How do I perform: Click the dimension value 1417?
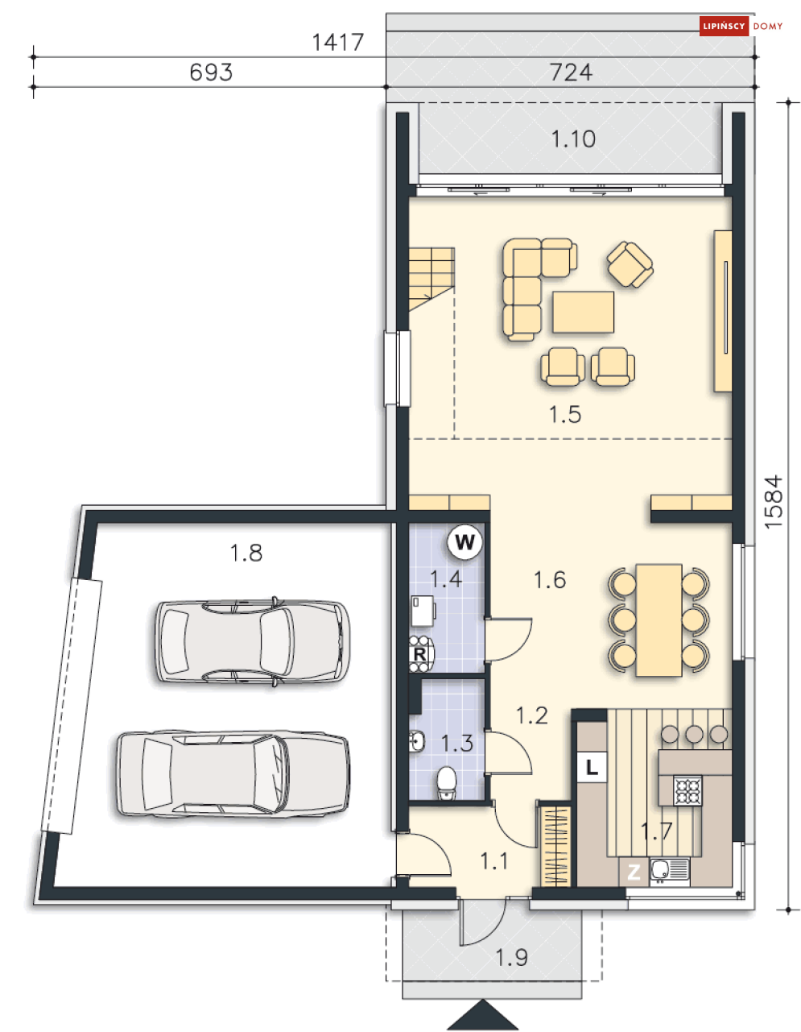337,42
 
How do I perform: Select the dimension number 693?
211,73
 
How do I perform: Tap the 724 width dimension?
571,73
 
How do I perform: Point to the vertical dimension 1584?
773,502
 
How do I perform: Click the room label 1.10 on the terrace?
572,139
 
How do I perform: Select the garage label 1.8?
246,553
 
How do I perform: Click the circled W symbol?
464,542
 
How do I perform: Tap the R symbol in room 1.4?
419,654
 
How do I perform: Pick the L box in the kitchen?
592,767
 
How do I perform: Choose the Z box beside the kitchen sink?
634,872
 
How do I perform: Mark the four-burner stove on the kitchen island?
687,791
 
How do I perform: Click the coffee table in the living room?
583,312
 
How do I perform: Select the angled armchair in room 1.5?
630,264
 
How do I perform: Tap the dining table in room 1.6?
659,620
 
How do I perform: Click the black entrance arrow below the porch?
482,1016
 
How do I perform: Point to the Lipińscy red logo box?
724,26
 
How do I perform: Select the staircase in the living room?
431,280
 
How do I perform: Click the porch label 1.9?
511,958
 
